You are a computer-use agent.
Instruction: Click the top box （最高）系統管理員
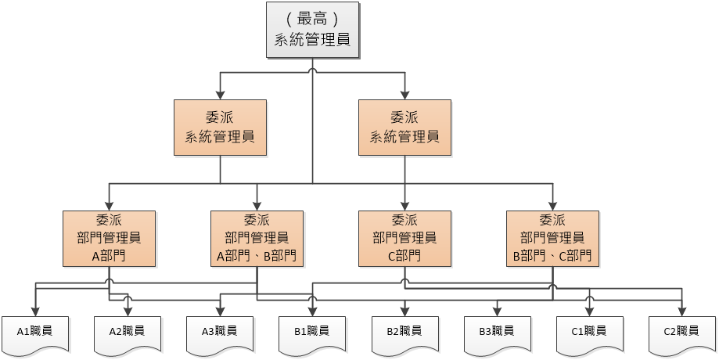pyautogui.click(x=313, y=30)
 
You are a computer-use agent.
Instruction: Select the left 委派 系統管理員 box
pyautogui.click(x=220, y=128)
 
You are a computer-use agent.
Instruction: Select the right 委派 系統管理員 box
pyautogui.click(x=404, y=128)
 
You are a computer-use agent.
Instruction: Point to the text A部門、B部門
pyautogui.click(x=257, y=256)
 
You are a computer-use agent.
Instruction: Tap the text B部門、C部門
pyautogui.click(x=552, y=256)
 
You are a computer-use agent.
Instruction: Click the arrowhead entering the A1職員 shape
pyautogui.click(x=36, y=311)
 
